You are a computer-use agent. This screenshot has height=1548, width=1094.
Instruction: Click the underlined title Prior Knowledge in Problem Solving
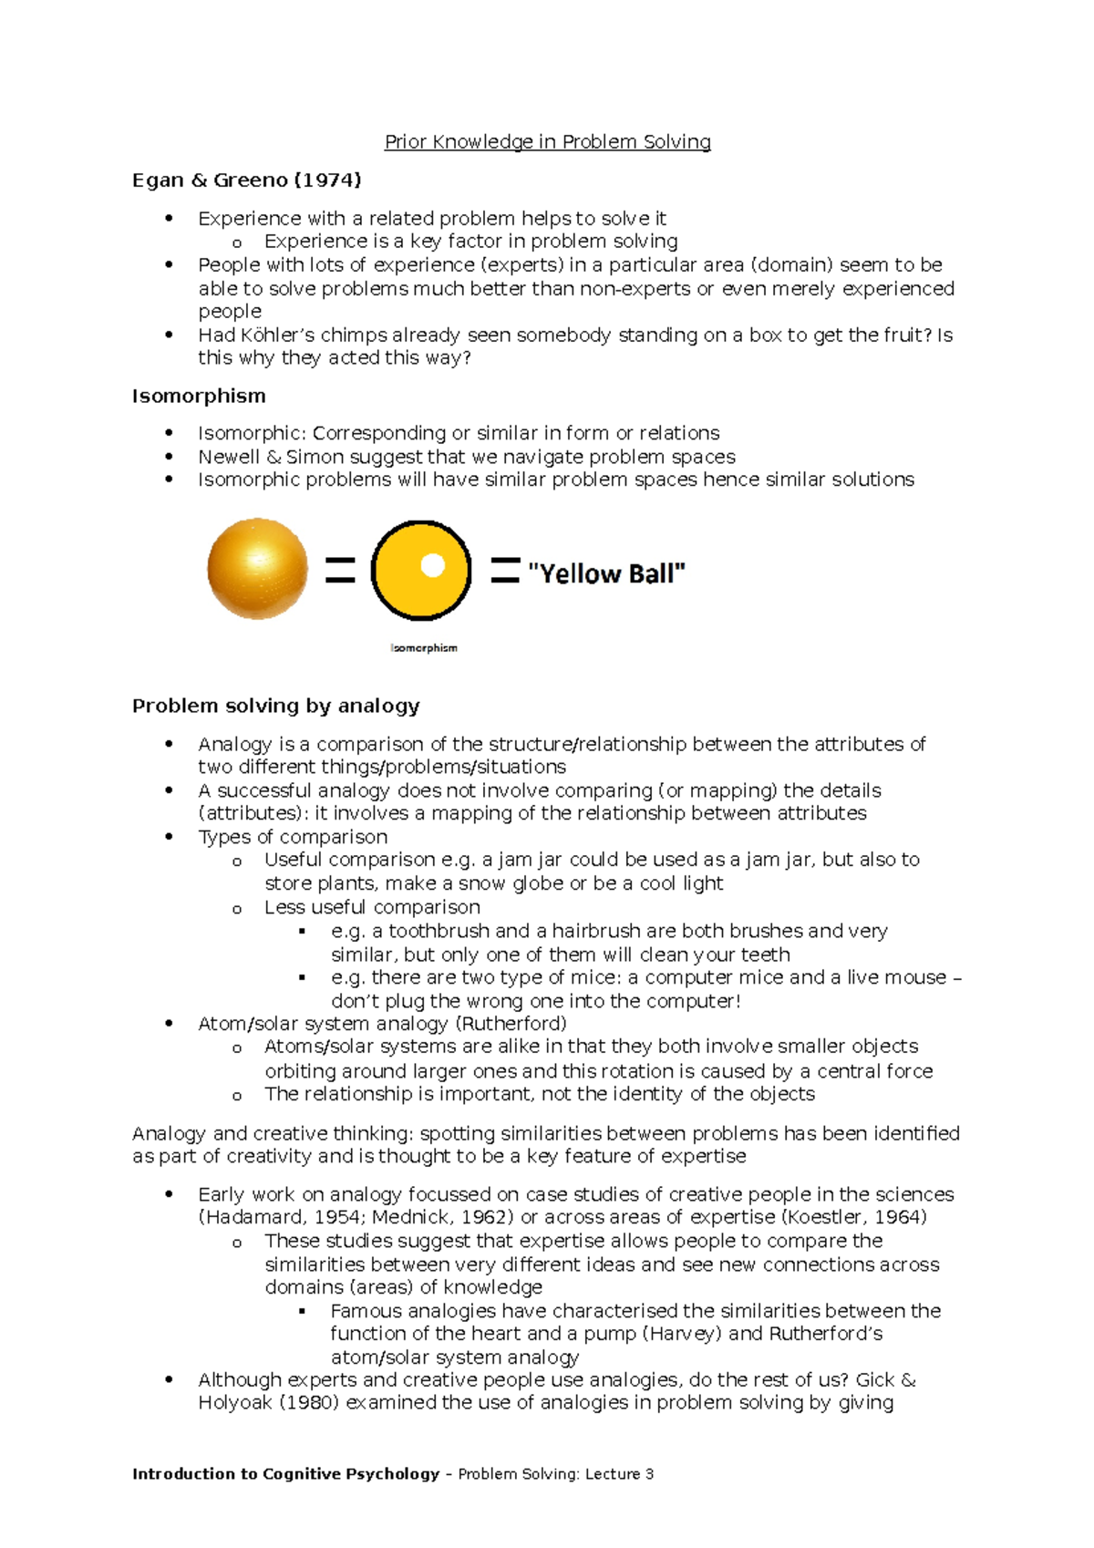pos(547,142)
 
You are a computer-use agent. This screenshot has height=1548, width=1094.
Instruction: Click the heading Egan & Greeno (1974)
pos(246,181)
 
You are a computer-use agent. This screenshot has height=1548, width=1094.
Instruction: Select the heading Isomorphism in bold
pos(199,397)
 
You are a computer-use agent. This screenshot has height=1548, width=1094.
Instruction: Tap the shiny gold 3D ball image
pos(257,569)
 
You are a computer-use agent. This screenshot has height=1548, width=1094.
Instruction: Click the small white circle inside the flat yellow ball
pos(432,566)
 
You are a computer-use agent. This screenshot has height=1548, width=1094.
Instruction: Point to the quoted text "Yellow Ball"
pos(606,573)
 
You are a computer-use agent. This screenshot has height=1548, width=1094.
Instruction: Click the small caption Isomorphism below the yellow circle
pos(424,648)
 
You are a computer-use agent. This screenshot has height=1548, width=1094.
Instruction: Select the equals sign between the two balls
pos(340,571)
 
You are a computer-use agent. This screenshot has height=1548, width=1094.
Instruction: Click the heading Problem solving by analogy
pos(275,707)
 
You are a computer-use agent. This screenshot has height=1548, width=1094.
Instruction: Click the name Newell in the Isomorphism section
pos(229,457)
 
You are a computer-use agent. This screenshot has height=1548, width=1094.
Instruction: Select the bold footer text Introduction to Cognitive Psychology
pos(285,1474)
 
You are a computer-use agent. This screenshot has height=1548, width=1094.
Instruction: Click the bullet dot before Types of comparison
pos(169,837)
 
